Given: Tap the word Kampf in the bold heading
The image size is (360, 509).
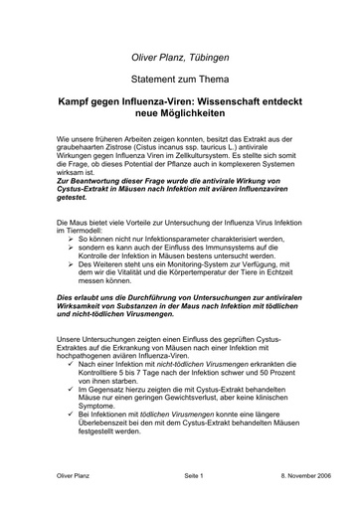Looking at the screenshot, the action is (82, 101).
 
